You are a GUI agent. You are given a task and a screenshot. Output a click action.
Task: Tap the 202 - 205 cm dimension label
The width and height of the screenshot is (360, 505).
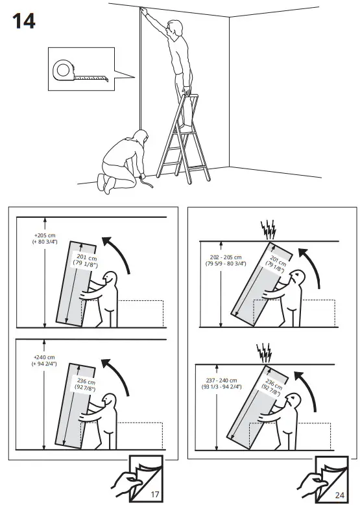(224, 260)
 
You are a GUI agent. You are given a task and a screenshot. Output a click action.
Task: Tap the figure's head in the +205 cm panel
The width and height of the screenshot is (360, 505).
(110, 279)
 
